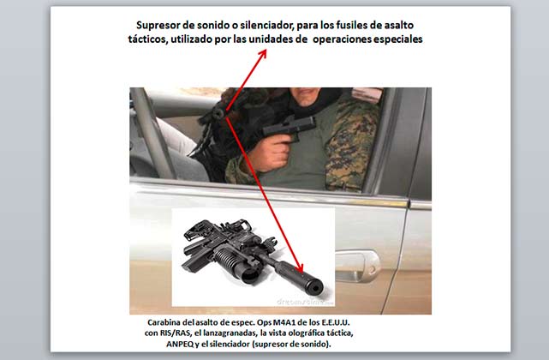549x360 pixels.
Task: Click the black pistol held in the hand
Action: coord(289,127)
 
